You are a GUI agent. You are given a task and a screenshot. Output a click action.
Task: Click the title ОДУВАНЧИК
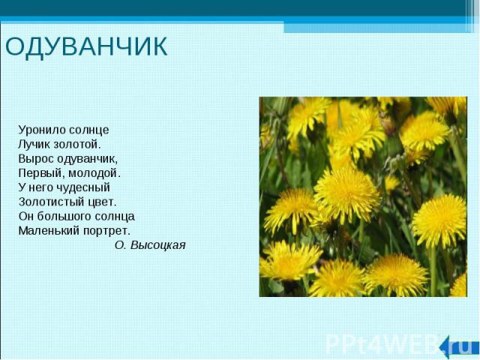click(x=86, y=46)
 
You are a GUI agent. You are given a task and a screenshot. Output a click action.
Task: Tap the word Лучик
click(x=34, y=144)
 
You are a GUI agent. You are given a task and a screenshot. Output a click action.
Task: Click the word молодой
click(x=94, y=173)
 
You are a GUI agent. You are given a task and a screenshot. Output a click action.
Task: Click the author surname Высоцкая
click(x=158, y=245)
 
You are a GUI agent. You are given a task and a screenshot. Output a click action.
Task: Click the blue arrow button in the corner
click(x=458, y=347)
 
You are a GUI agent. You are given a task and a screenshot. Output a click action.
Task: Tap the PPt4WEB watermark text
click(x=382, y=345)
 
